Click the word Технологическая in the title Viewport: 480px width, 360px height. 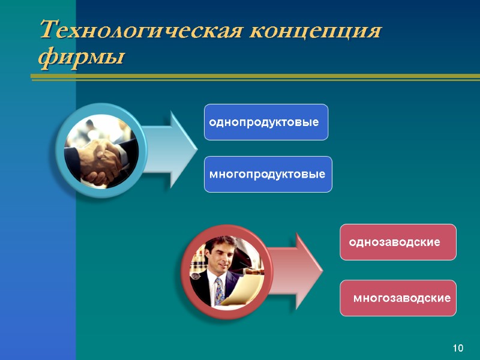(142, 31)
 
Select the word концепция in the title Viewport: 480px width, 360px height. (316, 31)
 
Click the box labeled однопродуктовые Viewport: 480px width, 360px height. (266, 122)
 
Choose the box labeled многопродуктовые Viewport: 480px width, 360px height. (268, 175)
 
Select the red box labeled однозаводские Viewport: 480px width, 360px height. (397, 242)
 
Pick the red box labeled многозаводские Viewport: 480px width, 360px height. (398, 298)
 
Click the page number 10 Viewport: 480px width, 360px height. (458, 349)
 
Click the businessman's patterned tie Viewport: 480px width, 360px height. (220, 291)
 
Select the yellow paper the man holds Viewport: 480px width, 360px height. (246, 291)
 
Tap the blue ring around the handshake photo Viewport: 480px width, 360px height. (59, 150)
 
